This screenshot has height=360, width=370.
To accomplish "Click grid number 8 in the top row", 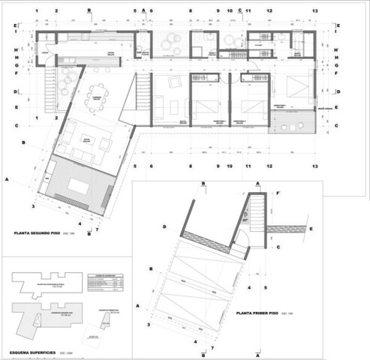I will click(x=191, y=11).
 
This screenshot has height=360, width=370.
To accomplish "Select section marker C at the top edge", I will click(x=240, y=10).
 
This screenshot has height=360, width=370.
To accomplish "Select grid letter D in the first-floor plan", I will click(x=164, y=226).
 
